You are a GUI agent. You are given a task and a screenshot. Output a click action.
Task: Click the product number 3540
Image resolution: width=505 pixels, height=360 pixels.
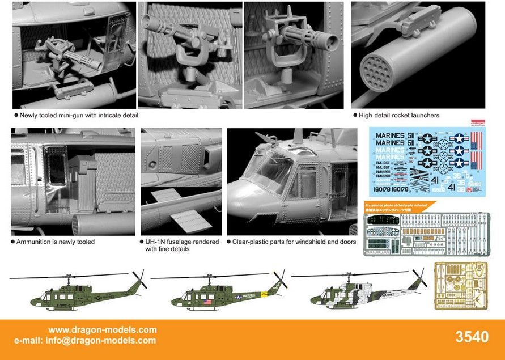click(472, 337)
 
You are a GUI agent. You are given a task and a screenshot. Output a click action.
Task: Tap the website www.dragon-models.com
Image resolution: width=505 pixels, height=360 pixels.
click(102, 330)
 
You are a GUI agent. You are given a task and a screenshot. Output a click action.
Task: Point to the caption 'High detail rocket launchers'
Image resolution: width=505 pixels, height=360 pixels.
click(399, 115)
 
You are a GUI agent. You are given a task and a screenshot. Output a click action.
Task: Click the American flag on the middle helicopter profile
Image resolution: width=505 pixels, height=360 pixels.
click(205, 302)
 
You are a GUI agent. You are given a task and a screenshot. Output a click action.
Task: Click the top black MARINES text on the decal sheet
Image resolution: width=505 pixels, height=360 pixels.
click(391, 135)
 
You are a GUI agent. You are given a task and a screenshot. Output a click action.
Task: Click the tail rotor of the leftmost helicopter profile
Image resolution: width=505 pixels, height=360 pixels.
click(139, 279)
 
